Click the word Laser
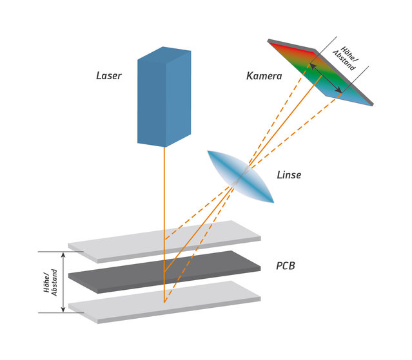click(x=109, y=76)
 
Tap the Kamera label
click(x=264, y=76)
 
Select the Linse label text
click(x=289, y=175)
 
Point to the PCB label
click(x=286, y=266)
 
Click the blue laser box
click(x=164, y=97)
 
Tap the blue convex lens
click(x=240, y=176)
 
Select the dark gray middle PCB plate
click(x=164, y=272)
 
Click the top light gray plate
click(x=164, y=242)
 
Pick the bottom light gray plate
click(x=164, y=302)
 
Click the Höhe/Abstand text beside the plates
click(x=50, y=282)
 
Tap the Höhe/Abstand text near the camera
click(x=346, y=59)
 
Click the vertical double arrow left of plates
click(x=63, y=282)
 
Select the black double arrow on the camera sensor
click(x=326, y=78)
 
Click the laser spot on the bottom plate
click(x=164, y=302)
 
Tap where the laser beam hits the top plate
click(x=164, y=240)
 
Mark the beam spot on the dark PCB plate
click(x=164, y=271)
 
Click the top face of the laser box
click(x=164, y=55)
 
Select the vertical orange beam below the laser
click(x=164, y=225)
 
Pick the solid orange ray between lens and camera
click(x=285, y=121)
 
